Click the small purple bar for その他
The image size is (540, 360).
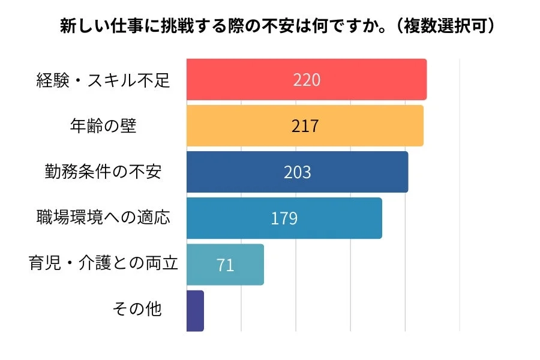(195, 311)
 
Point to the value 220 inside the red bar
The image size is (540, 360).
(307, 80)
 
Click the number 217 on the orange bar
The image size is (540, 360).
(305, 126)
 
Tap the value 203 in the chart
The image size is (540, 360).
(298, 172)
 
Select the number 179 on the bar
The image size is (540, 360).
(284, 218)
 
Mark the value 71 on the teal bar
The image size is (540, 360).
(225, 265)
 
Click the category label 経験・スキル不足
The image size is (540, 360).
(104, 80)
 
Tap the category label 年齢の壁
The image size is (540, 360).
(104, 126)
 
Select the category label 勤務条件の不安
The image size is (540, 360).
(103, 172)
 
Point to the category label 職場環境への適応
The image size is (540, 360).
(104, 217)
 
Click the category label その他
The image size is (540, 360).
(137, 310)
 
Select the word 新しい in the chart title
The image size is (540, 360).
(82, 26)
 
